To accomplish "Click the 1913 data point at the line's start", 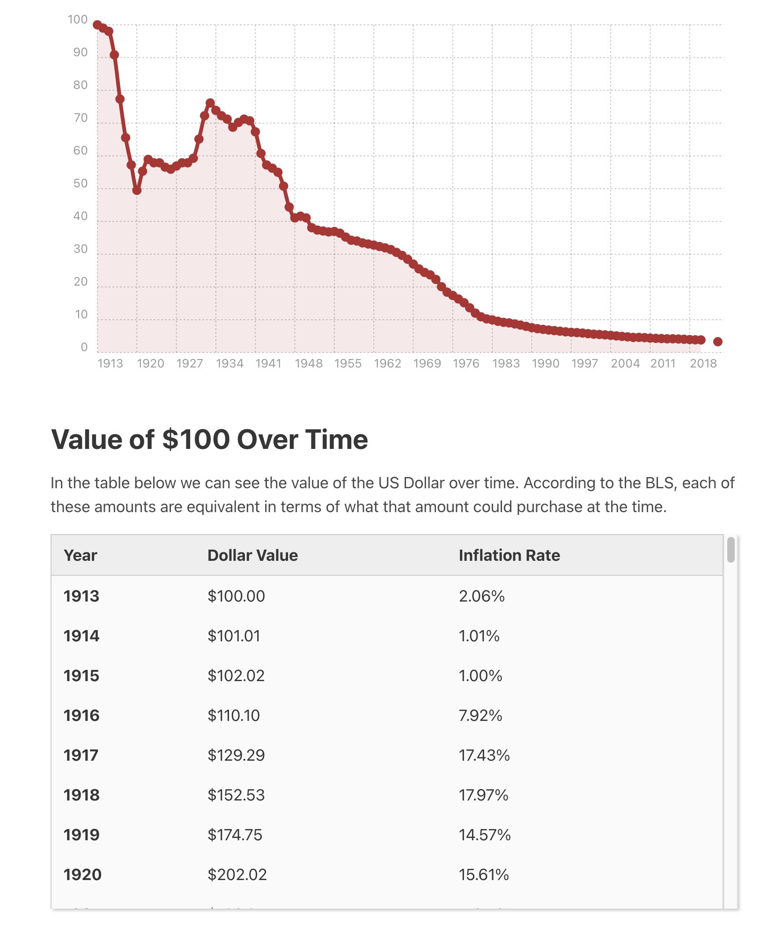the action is [97, 25].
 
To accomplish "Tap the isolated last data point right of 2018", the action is [717, 342].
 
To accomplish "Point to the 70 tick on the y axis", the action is [81, 118].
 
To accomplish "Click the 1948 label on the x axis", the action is [309, 364].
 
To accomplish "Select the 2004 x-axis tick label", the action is [625, 364].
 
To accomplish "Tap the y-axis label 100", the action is [78, 20].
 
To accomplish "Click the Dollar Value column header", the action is [253, 555].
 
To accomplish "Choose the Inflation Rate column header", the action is [510, 555].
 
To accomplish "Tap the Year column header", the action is [81, 555].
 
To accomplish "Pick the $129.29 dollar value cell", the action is [236, 755].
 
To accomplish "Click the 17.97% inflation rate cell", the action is [484, 795].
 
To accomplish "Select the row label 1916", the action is [81, 715].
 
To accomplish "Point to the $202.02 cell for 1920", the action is [237, 874].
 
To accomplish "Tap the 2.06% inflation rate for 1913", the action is [482, 596].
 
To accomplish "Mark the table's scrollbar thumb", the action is [731, 550].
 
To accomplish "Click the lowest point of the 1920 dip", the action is [137, 191].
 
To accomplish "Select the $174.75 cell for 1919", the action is [235, 835].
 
